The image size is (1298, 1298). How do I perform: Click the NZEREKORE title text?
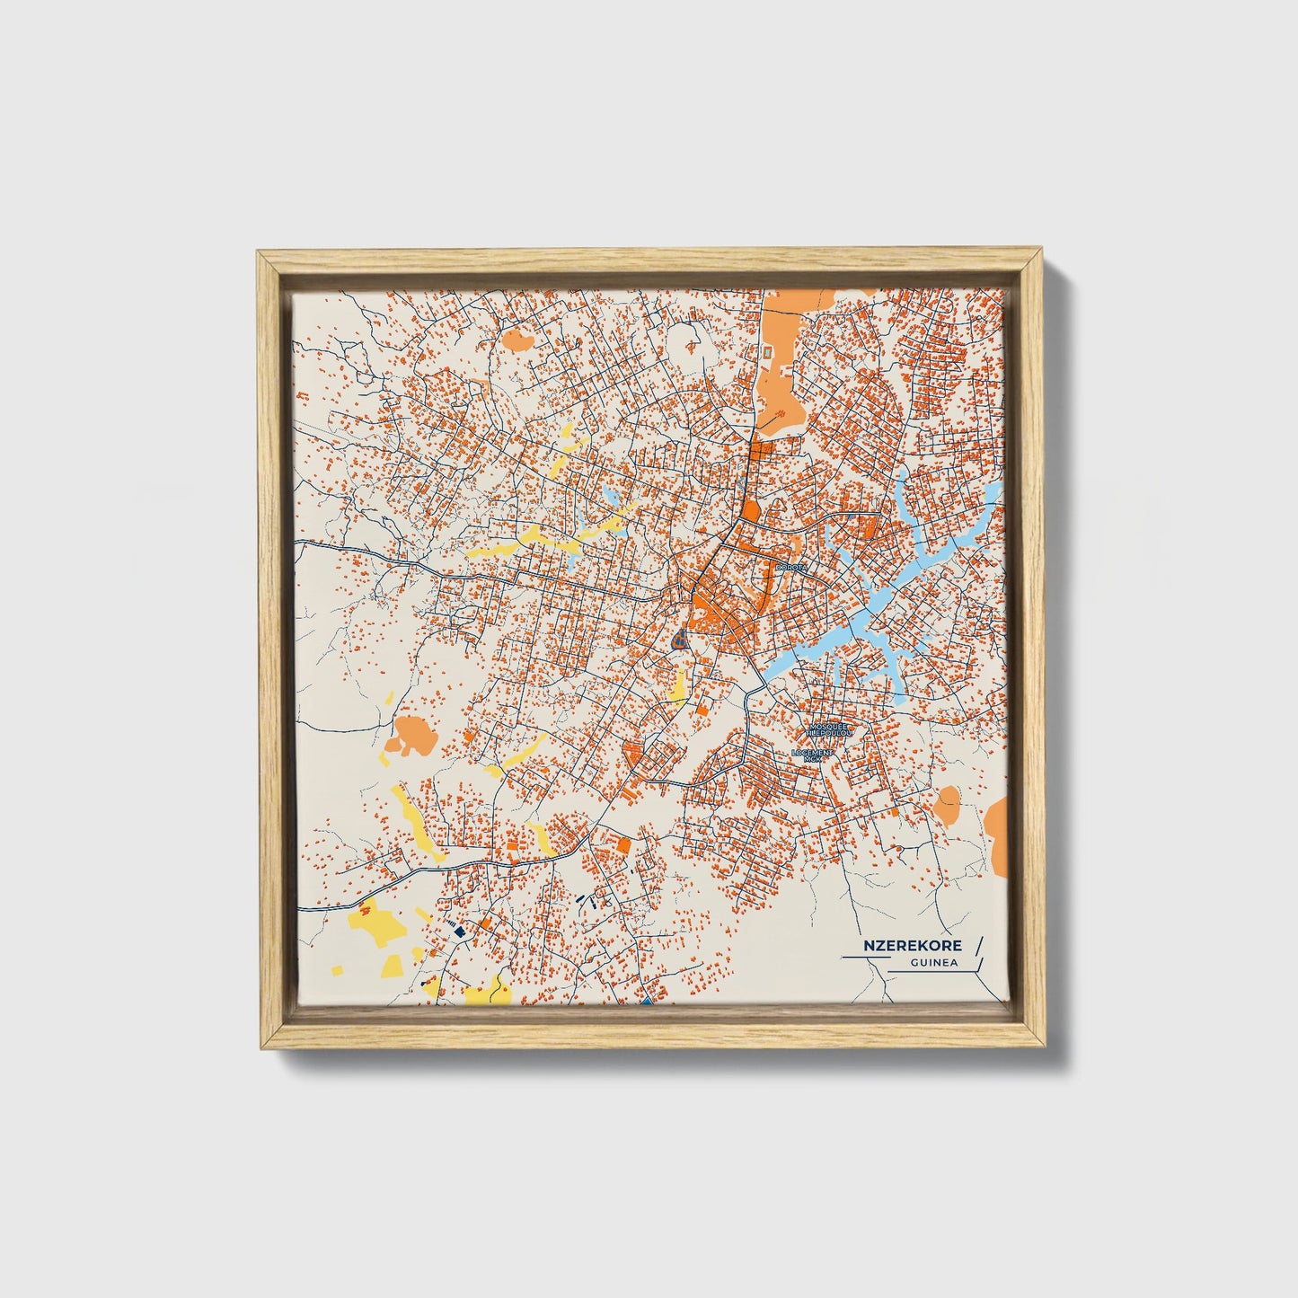point(913,945)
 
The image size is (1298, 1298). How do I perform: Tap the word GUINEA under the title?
point(933,964)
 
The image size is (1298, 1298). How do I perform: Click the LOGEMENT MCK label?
point(813,755)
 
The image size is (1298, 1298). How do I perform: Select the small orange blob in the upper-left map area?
point(516,340)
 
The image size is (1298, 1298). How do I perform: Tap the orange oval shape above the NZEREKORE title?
point(947,803)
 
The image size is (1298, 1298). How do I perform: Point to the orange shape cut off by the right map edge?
point(997,834)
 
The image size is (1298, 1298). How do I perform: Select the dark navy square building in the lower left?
point(459,932)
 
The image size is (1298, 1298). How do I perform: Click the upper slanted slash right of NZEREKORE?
point(977,944)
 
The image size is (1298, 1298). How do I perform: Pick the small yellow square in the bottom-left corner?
point(338,970)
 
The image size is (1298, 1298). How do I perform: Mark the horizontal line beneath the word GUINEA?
point(934,973)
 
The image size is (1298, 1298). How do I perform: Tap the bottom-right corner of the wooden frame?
point(1042,1046)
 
